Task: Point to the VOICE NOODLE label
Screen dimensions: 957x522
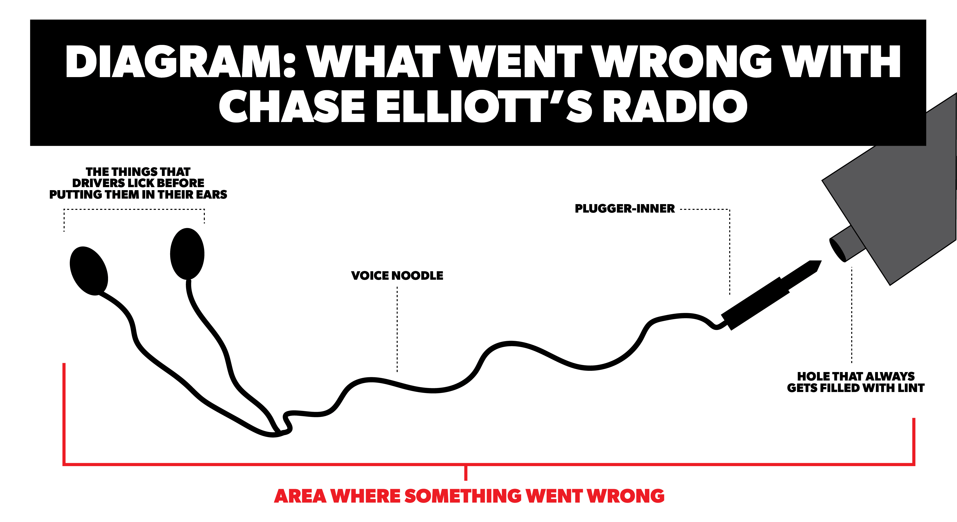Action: coord(397,276)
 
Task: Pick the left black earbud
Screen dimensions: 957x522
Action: coord(89,271)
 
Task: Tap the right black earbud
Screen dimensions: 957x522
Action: coord(187,254)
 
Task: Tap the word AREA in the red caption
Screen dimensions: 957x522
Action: coord(300,496)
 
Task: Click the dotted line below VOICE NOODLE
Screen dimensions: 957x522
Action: coord(397,329)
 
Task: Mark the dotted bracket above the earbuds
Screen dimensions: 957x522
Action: coord(134,210)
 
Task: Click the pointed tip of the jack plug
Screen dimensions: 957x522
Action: coord(821,261)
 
